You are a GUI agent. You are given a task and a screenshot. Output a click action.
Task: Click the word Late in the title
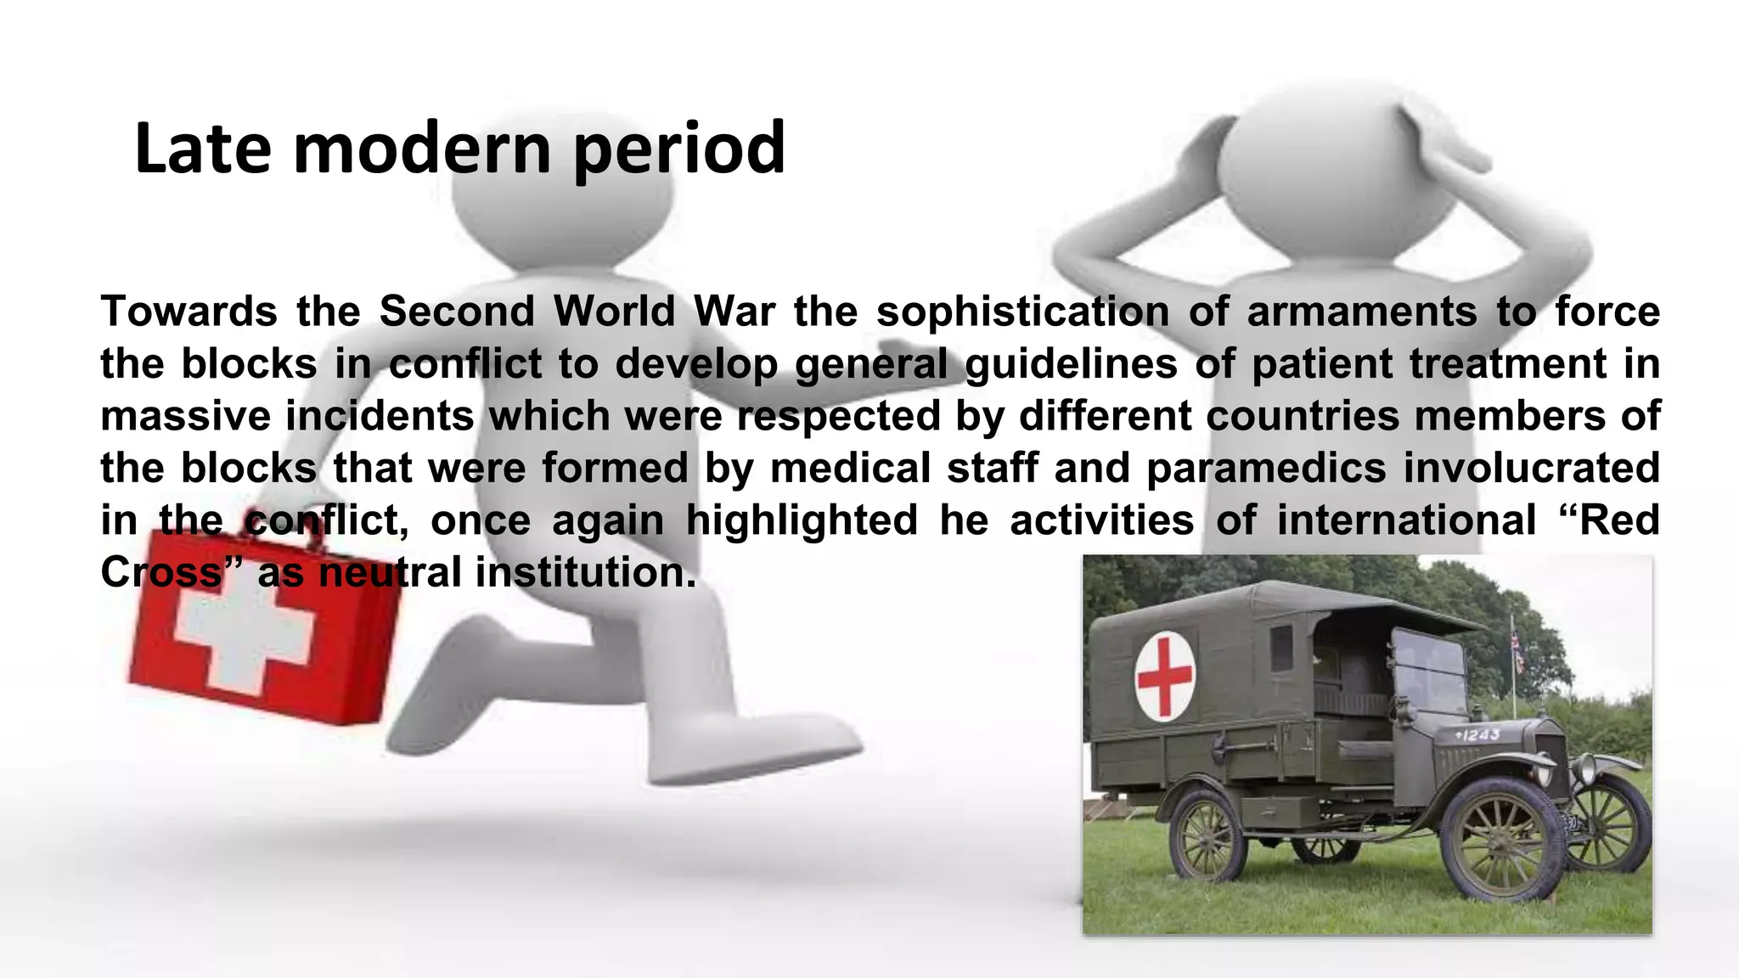click(x=204, y=149)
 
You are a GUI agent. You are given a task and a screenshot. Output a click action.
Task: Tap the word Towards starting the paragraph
click(x=189, y=312)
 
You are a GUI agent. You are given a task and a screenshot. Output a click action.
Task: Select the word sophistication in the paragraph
click(x=1022, y=312)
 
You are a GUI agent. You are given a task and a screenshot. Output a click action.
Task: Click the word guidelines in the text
click(x=1070, y=364)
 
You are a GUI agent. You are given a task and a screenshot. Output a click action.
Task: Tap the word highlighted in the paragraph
click(x=802, y=520)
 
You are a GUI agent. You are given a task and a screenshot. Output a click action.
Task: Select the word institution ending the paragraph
click(x=586, y=573)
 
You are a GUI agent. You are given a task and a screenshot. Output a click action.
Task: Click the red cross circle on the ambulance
click(x=1165, y=676)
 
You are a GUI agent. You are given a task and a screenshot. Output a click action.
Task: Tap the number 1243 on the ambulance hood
click(x=1477, y=735)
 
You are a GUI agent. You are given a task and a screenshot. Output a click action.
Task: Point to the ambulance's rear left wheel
click(x=1208, y=836)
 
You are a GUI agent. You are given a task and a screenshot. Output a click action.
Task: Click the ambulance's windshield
click(x=1431, y=671)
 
